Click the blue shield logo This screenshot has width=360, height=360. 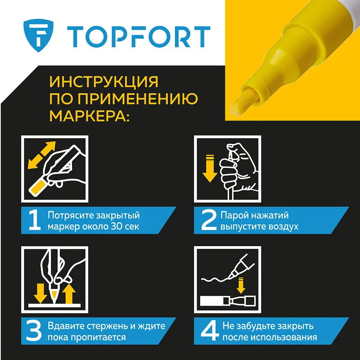tap(38, 36)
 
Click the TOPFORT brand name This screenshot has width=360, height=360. tap(139, 37)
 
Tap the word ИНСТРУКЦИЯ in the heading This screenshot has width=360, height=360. tap(104, 82)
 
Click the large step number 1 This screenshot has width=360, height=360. tap(35, 220)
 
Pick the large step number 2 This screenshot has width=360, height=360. tap(208, 220)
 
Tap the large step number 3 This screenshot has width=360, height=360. tap(34, 331)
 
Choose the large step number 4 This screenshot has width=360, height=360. tap(209, 331)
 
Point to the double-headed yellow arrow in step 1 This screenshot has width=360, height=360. tap(41, 155)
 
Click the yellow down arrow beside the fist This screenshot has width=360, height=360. tap(210, 169)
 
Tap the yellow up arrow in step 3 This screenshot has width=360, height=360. tap(69, 294)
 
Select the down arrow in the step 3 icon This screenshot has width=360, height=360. tap(40, 293)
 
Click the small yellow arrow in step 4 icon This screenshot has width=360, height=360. tap(241, 285)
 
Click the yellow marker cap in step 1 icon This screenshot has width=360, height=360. tap(38, 188)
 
